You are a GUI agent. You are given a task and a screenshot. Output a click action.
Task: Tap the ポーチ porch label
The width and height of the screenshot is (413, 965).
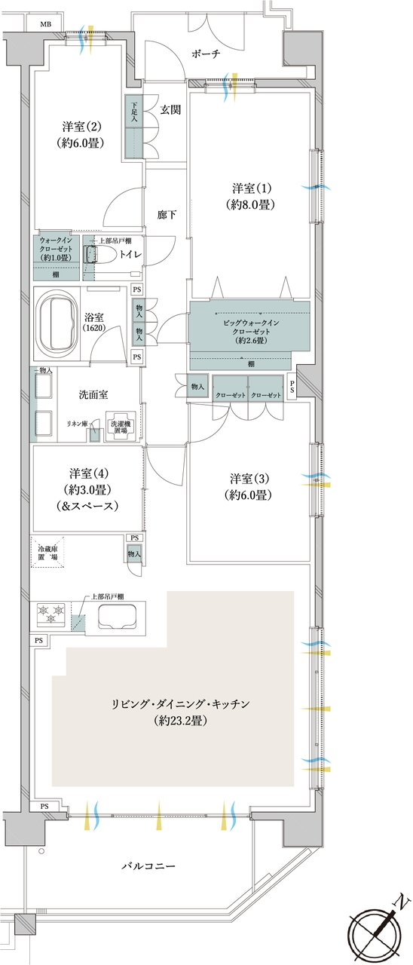(x=205, y=54)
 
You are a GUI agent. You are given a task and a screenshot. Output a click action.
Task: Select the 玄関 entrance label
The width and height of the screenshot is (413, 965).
(x=170, y=109)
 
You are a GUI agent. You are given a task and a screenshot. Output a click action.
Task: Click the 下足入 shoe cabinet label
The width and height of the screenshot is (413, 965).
(x=133, y=113)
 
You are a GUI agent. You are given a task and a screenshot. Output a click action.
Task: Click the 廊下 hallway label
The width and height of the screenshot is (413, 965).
(x=167, y=215)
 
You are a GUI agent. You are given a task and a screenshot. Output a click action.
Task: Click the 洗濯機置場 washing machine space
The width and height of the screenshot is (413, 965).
(x=121, y=426)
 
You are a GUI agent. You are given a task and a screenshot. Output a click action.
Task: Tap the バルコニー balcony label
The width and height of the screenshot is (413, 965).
(x=148, y=866)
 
